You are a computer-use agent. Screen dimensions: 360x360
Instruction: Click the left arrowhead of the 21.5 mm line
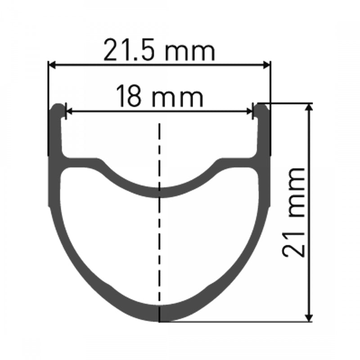point(52,66)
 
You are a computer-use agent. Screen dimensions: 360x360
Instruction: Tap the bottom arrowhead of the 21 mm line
point(309,317)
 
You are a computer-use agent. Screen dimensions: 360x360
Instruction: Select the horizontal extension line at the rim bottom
point(234,321)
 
